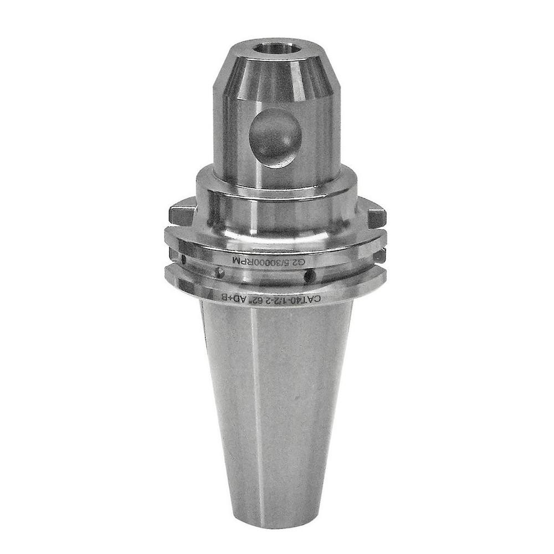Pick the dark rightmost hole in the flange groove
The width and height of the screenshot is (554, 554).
pos(312,275)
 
